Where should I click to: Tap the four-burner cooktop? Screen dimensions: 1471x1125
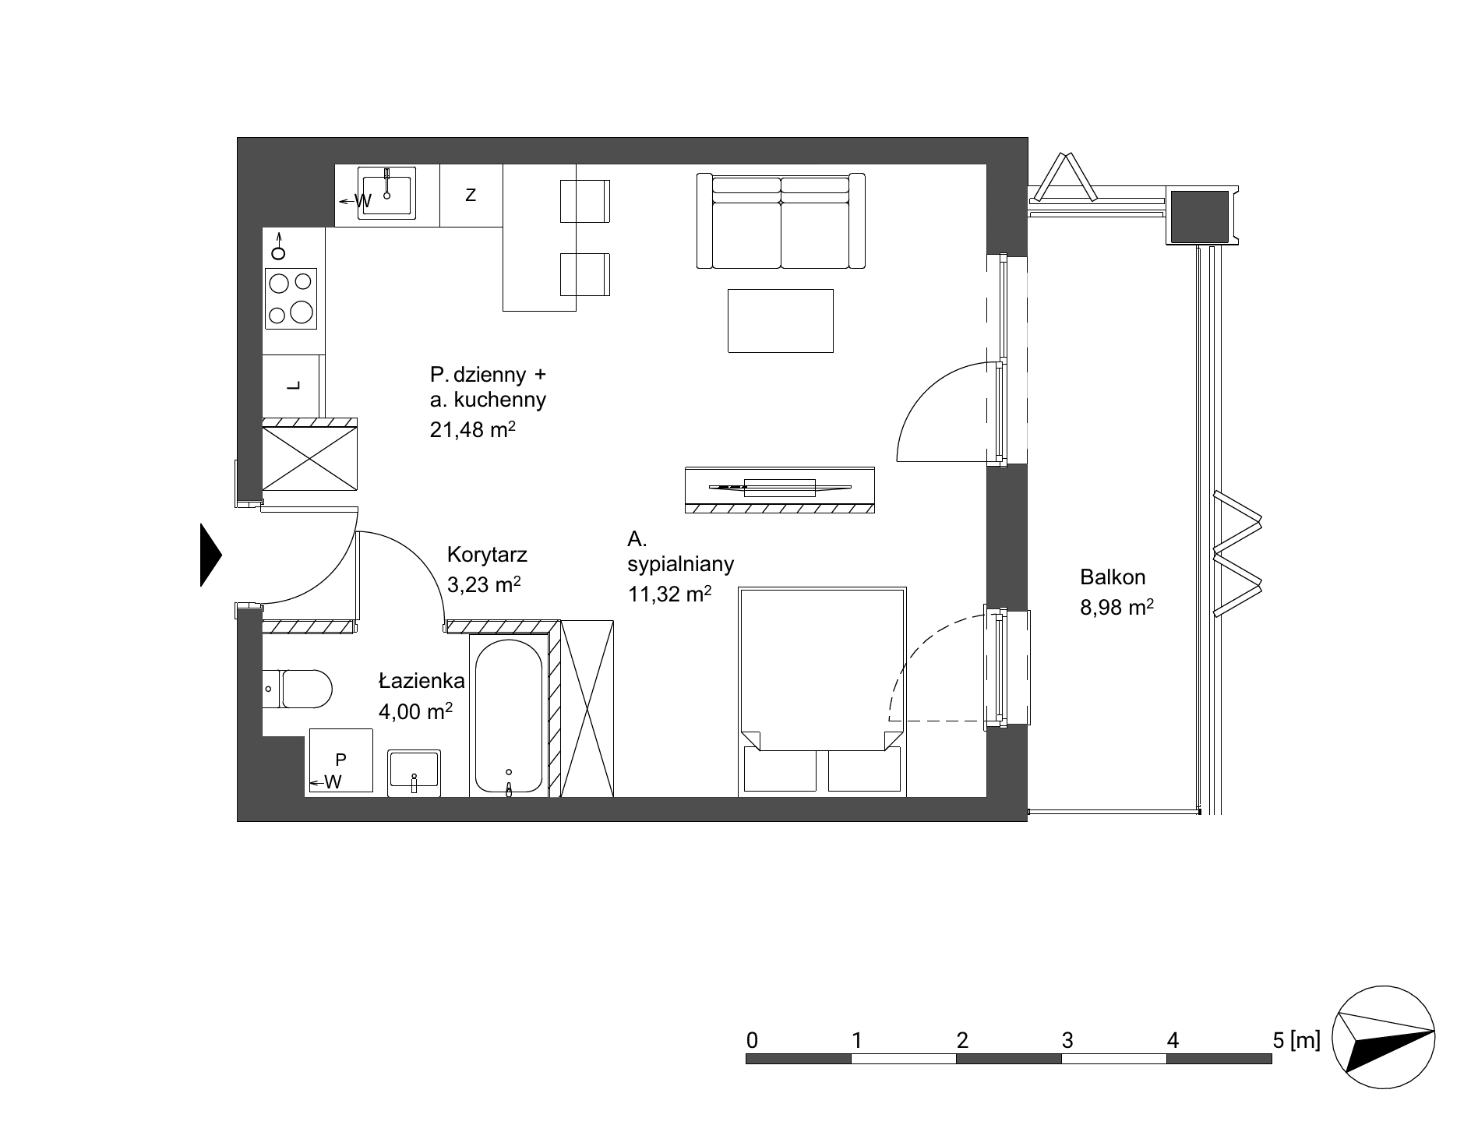pos(291,297)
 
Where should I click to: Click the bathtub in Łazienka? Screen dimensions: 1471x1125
pos(509,718)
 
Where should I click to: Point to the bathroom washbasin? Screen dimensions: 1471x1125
pos(414,772)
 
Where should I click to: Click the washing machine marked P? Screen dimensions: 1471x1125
pos(341,760)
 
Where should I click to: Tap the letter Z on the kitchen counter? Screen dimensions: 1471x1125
pos(471,195)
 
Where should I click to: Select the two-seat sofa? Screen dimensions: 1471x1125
pos(781,220)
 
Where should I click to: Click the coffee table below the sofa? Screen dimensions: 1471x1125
pos(781,320)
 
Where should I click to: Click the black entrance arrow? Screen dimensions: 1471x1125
pos(211,555)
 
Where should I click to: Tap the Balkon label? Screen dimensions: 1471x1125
pos(1113,577)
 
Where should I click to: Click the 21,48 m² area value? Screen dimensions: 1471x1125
pos(473,429)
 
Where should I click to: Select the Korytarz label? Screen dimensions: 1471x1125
pos(487,555)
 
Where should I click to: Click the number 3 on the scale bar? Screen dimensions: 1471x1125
pos(1067,1040)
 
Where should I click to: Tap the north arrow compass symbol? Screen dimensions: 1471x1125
pos(1384,1039)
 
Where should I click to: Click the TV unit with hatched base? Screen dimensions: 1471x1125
pos(779,489)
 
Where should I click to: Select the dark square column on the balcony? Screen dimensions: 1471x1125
pos(1200,216)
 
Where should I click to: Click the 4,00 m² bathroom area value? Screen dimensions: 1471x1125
pos(415,711)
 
